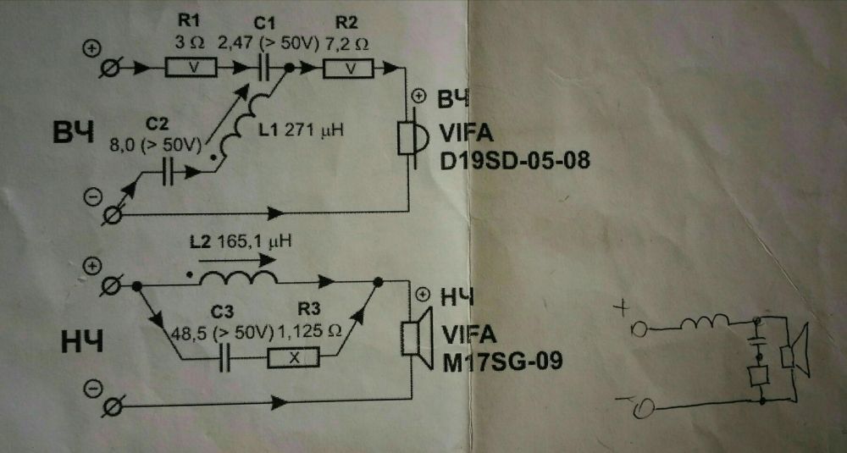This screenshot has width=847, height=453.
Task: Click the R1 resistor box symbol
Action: click(x=191, y=68)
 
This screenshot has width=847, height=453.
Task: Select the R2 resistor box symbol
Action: click(x=348, y=69)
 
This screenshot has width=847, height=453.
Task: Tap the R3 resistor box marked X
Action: click(x=293, y=358)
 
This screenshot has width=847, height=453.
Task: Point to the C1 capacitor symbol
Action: click(x=263, y=68)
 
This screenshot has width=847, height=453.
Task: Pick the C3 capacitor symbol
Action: click(x=225, y=358)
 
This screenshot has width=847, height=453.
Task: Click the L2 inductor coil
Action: click(x=238, y=278)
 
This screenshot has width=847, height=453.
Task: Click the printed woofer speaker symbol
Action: click(x=417, y=338)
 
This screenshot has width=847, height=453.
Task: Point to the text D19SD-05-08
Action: click(x=515, y=160)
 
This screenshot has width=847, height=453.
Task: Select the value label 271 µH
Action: click(x=313, y=130)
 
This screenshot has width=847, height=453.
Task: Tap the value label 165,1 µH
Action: click(x=254, y=240)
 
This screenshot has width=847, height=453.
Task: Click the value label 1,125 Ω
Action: click(x=308, y=333)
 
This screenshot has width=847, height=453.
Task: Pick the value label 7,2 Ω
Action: click(x=346, y=44)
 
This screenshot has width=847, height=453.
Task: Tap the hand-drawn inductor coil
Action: click(x=705, y=323)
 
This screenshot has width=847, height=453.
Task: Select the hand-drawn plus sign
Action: click(x=623, y=309)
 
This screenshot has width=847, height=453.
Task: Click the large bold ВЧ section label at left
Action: click(x=74, y=131)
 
